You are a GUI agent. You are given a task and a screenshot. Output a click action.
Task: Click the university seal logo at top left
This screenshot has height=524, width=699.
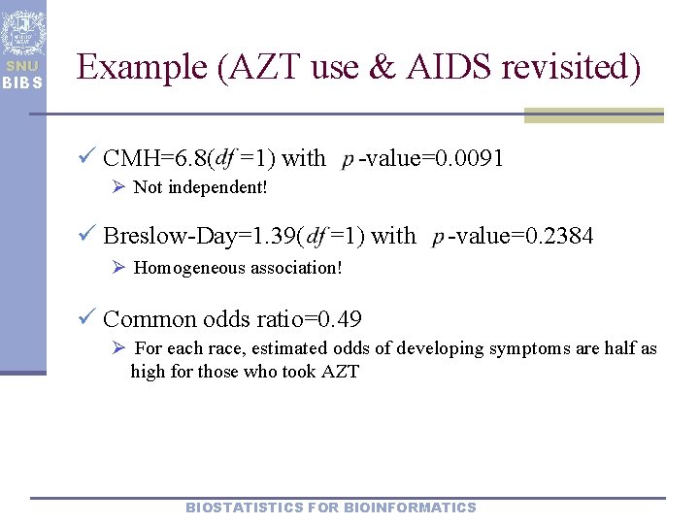pyautogui.click(x=22, y=32)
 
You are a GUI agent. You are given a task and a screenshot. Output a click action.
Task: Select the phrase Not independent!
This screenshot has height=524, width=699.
pyautogui.click(x=199, y=187)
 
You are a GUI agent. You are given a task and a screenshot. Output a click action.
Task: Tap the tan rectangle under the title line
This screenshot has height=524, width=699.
pyautogui.click(x=593, y=116)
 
